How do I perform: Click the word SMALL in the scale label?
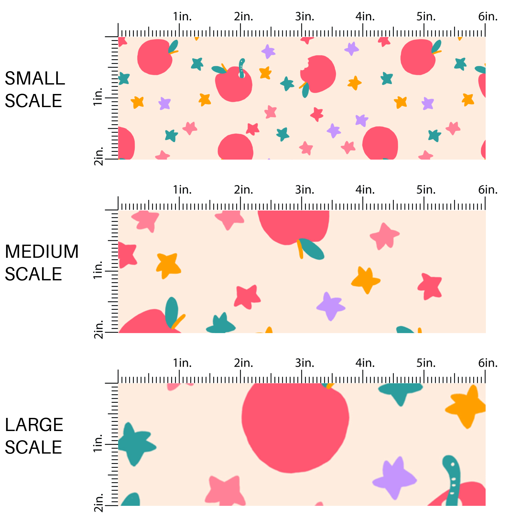pos(35,78)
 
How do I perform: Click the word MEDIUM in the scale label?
pos(41,251)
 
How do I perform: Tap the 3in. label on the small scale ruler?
pos(304,17)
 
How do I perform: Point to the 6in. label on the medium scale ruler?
pos(488,190)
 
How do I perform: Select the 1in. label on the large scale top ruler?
pos(182,363)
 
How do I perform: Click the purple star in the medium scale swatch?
pos(330,306)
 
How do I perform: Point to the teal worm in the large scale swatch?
pos(453,481)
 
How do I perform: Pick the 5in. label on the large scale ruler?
pos(426,363)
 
